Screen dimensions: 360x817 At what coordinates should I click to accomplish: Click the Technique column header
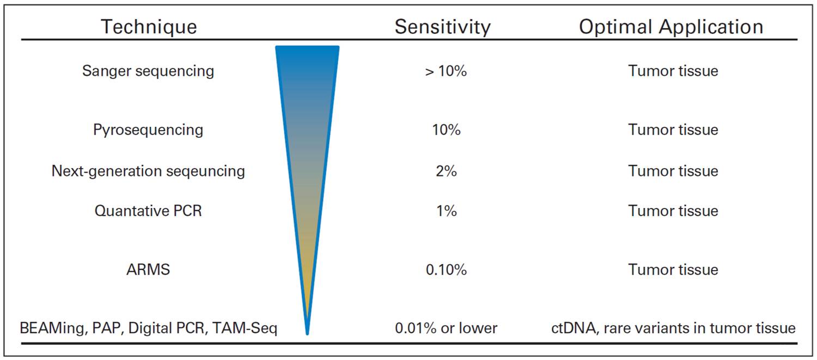coord(149,27)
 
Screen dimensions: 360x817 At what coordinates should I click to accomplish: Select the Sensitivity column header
coord(442,27)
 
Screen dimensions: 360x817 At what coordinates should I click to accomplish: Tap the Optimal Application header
coord(670,27)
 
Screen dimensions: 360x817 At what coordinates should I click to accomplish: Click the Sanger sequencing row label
coord(148,71)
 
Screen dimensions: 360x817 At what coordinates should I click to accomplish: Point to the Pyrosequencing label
coord(148,130)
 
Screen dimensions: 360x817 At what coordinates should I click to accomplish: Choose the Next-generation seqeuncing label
coord(148,171)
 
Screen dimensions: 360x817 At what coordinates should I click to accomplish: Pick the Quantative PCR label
coord(148,211)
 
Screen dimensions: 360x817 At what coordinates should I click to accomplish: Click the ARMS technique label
coord(148,270)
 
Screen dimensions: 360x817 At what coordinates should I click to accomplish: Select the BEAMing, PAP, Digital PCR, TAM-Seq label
coord(148,328)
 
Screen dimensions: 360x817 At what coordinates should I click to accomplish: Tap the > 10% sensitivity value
coord(446,71)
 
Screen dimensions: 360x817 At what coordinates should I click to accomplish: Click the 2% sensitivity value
coord(446,171)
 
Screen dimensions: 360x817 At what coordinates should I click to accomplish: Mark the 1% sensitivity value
coord(446,211)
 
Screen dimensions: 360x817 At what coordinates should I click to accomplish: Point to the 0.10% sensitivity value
coord(446,270)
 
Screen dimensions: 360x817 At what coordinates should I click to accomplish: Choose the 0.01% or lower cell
coord(446,328)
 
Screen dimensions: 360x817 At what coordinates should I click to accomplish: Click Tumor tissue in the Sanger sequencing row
coord(673,71)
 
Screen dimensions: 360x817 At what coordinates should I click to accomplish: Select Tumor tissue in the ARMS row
coord(673,270)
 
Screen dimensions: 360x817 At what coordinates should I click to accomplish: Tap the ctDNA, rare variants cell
coord(673,328)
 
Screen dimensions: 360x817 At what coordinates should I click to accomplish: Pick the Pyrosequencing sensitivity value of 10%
coord(446,130)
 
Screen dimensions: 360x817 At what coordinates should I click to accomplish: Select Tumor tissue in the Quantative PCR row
coord(673,211)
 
